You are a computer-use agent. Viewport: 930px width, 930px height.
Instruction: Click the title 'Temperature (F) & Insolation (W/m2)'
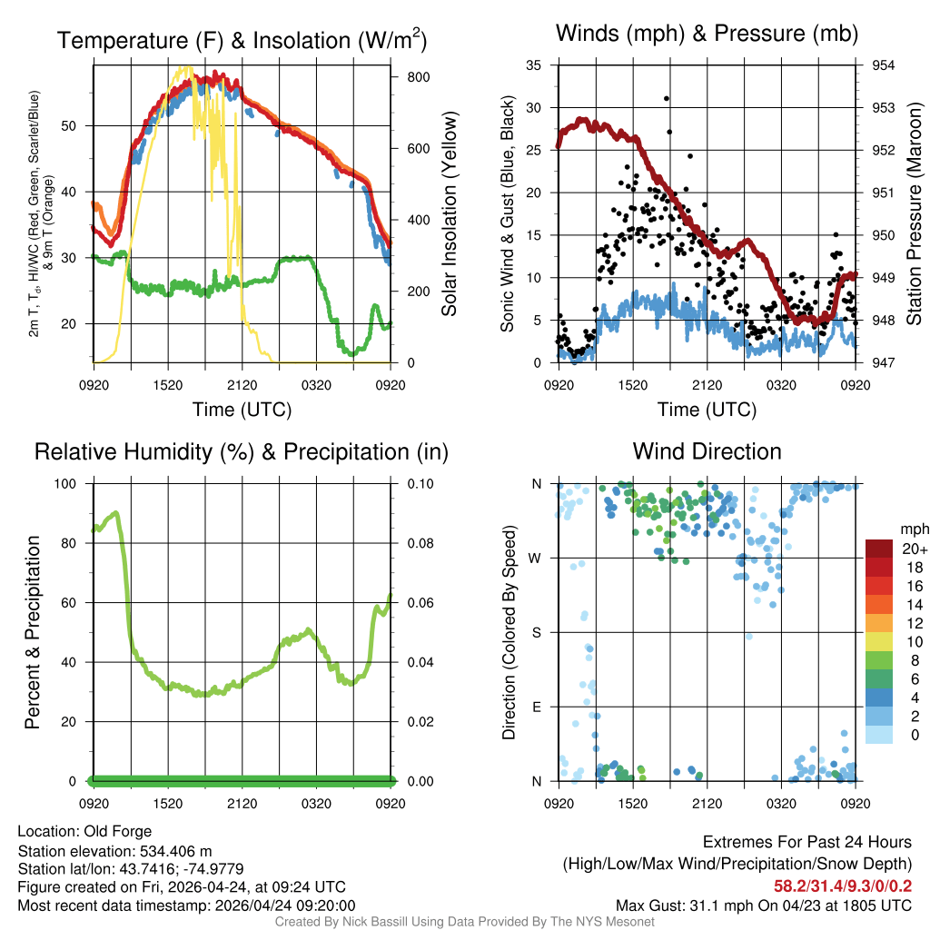click(242, 40)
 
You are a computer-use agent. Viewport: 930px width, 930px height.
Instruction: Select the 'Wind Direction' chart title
click(707, 451)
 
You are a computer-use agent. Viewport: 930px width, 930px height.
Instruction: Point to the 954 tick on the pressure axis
click(884, 65)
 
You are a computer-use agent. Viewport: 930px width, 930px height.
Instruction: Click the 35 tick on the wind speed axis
click(534, 65)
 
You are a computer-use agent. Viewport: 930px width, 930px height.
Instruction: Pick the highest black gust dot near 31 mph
click(667, 98)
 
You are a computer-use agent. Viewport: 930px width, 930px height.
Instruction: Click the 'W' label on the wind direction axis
click(537, 558)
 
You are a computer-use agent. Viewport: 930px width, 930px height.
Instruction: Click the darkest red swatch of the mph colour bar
click(879, 549)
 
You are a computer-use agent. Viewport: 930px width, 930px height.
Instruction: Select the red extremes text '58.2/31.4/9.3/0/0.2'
click(843, 885)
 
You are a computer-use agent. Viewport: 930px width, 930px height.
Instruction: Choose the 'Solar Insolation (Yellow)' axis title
click(450, 214)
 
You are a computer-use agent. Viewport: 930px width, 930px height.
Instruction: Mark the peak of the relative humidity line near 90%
click(115, 513)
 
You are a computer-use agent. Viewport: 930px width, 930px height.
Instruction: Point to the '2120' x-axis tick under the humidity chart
click(242, 804)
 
